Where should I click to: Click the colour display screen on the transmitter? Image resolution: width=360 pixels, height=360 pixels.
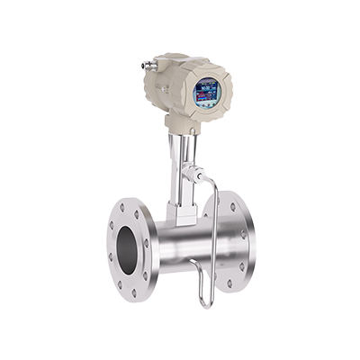click(207, 92)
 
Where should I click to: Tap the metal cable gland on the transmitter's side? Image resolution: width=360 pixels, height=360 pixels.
click(148, 64)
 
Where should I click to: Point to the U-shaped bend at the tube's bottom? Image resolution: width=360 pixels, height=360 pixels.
click(205, 302)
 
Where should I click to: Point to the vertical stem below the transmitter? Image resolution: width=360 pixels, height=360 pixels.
click(177, 166)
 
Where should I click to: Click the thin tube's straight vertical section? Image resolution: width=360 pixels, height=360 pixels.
click(214, 243)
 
